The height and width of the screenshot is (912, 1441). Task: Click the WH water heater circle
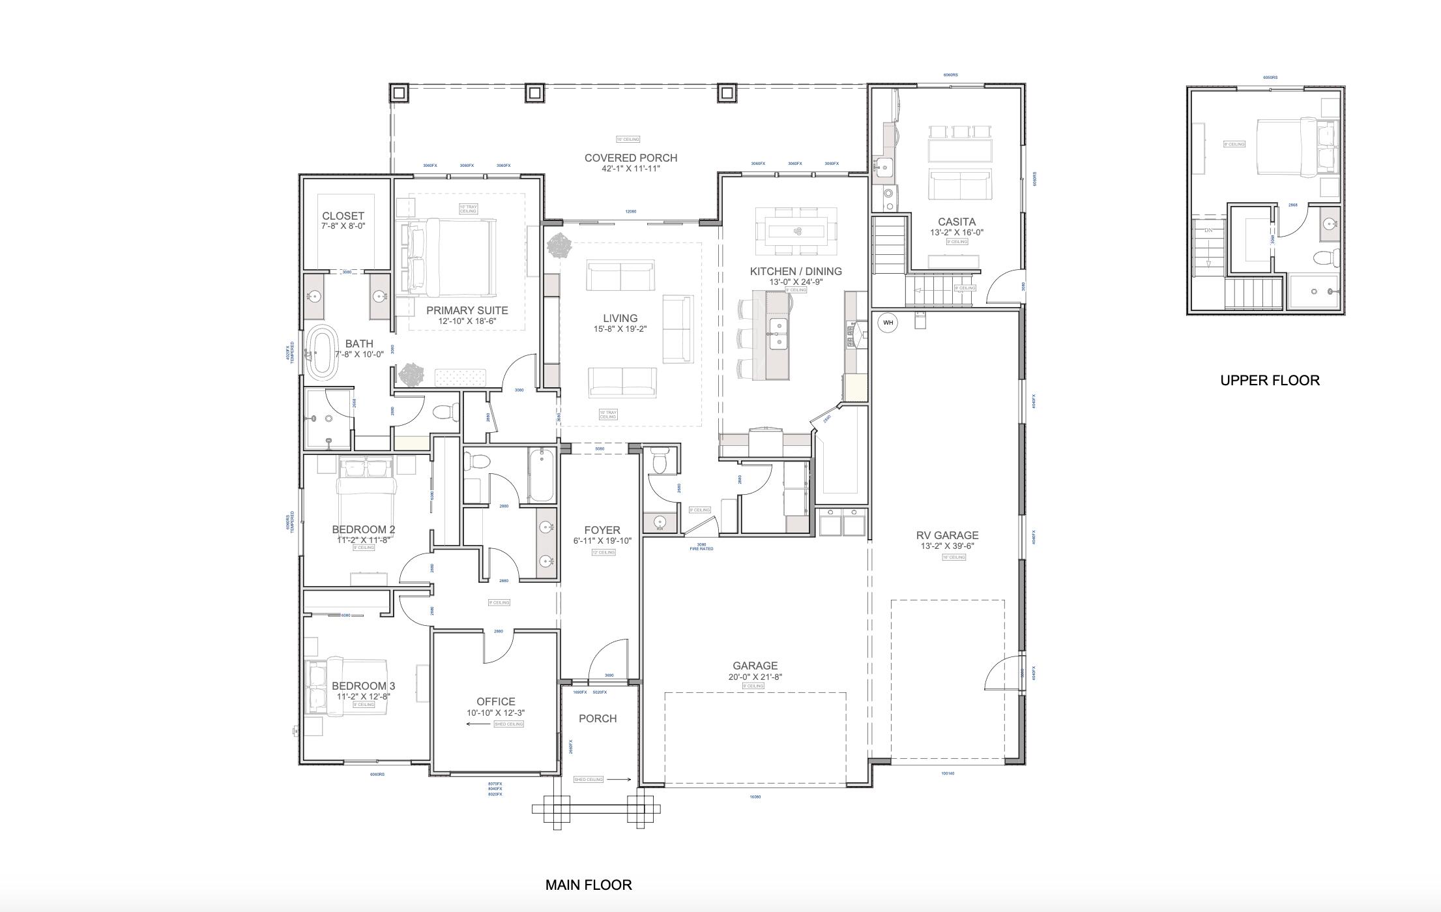click(888, 323)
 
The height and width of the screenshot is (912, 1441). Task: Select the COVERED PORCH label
click(630, 158)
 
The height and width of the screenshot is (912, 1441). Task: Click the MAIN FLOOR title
click(588, 885)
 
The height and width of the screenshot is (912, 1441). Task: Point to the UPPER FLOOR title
click(1270, 380)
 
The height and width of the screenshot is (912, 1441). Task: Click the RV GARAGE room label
click(946, 535)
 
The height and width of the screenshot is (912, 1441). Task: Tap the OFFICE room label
click(495, 701)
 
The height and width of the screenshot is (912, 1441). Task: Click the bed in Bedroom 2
click(366, 486)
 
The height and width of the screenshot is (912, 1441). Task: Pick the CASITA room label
click(956, 222)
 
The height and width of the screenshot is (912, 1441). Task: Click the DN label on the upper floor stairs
click(1208, 230)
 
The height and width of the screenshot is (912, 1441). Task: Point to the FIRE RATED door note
click(701, 549)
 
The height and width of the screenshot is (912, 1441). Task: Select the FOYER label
click(602, 530)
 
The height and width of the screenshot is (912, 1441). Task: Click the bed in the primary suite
click(450, 256)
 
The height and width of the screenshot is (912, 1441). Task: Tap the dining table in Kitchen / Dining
click(796, 231)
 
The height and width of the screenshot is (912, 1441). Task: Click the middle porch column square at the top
click(534, 93)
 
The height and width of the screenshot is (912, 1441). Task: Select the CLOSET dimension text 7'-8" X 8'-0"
click(343, 226)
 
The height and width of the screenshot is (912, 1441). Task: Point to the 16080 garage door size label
click(755, 797)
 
